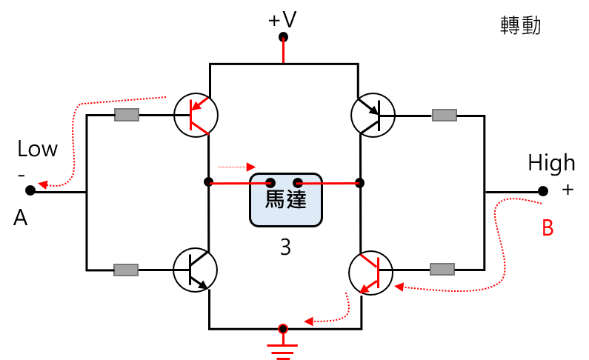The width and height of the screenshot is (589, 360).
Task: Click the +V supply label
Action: click(282, 20)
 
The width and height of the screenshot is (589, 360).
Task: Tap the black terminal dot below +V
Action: click(283, 37)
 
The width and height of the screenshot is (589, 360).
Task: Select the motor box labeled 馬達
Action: click(286, 200)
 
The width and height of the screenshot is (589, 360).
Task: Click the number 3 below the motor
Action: click(285, 247)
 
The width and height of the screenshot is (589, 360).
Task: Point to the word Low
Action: click(38, 149)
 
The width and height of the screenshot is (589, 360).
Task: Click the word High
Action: click(551, 163)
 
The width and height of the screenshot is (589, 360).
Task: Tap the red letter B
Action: click(548, 227)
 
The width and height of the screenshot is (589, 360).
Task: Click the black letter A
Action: click(21, 218)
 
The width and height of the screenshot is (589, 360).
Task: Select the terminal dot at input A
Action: click(30, 190)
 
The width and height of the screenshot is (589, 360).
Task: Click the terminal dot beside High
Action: click(543, 191)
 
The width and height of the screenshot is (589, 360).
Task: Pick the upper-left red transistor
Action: click(196, 115)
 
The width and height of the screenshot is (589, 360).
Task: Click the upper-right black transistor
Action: click(373, 116)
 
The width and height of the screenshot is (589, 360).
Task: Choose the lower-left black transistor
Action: click(195, 270)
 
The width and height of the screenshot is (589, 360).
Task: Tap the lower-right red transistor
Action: click(370, 273)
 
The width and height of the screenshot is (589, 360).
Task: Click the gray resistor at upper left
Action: click(127, 115)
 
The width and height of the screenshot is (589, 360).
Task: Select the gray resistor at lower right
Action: click(442, 269)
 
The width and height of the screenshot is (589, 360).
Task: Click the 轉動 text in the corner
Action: click(521, 25)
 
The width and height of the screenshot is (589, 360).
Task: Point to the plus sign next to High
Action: click(568, 190)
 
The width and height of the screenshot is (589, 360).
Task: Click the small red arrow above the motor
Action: click(236, 167)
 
